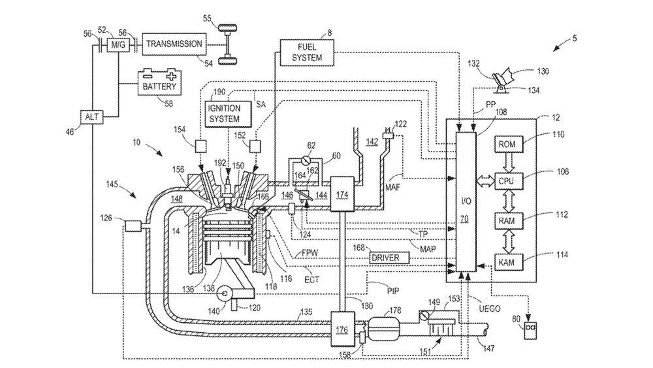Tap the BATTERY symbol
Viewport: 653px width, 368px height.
(x=159, y=82)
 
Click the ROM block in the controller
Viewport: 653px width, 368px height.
(x=507, y=144)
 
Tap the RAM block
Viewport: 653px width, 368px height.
(x=507, y=221)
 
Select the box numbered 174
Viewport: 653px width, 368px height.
(x=342, y=194)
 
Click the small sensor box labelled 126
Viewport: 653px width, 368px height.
(x=133, y=226)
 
